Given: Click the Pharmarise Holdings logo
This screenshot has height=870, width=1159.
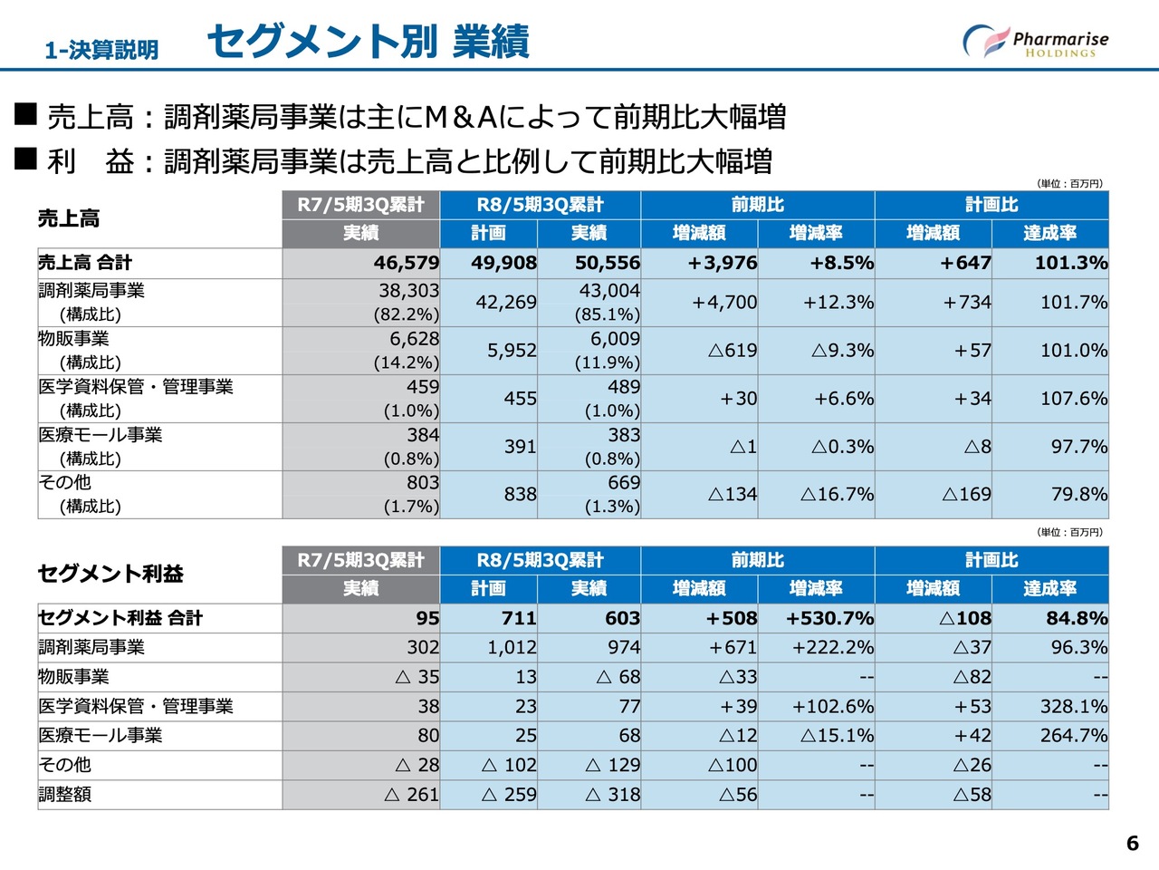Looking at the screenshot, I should coord(1036,42).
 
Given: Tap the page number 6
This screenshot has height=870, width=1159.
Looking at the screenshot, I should coord(1132,844).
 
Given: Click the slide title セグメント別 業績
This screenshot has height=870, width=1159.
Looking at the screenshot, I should coord(368,42).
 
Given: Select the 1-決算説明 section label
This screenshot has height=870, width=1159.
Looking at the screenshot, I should coord(101,50).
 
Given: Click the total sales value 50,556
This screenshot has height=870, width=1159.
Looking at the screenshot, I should coord(607,264).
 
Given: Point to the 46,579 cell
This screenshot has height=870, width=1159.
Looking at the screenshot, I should coord(406,264).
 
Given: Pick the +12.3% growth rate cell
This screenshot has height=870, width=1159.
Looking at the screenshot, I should coord(838,303).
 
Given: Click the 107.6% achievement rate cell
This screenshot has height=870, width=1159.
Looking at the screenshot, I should coord(1074,399).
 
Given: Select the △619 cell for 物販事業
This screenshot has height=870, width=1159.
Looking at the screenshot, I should coord(732,351).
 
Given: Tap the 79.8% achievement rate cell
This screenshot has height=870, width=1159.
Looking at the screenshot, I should coord(1079,495).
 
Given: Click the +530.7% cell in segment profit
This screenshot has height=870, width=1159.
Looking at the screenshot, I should coord(829,619).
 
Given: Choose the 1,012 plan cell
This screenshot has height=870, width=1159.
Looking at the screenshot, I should coord(512,648).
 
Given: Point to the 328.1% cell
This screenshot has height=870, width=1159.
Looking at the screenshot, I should coord(1074,707).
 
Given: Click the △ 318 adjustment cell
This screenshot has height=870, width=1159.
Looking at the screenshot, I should coord(613,795).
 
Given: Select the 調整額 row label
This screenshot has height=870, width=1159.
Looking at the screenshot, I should coord(65,795).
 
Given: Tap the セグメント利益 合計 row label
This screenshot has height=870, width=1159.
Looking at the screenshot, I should coord(120,619).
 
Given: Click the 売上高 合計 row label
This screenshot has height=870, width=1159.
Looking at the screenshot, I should coord(85,264).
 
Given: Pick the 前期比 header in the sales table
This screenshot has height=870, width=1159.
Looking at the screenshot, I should coord(757,205).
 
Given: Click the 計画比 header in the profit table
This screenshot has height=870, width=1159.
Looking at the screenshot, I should coord(991,560).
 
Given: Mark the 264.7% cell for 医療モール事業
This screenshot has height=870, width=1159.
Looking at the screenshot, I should coord(1074,736).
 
